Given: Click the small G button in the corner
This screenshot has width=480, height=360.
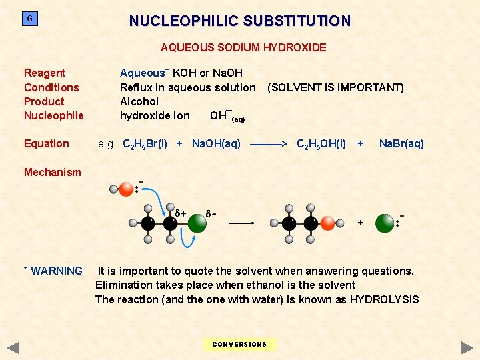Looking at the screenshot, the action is pyautogui.click(x=29, y=19).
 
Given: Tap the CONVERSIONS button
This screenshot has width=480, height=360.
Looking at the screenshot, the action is pyautogui.click(x=239, y=345).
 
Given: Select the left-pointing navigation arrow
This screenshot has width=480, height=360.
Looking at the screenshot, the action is pyautogui.click(x=13, y=347).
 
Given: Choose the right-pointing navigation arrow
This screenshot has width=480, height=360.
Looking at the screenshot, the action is pyautogui.click(x=467, y=347).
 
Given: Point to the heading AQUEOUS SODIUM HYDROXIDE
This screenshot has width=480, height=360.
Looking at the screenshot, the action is pyautogui.click(x=243, y=47).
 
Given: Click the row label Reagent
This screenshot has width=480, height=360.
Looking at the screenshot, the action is pyautogui.click(x=45, y=73).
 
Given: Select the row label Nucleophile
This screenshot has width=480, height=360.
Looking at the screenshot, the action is pyautogui.click(x=53, y=115).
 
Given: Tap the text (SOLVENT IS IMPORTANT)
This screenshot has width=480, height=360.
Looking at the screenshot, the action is pyautogui.click(x=335, y=87).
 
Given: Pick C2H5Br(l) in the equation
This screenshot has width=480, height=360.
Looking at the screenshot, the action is pyautogui.click(x=145, y=144).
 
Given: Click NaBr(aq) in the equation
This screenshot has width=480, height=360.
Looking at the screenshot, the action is pyautogui.click(x=401, y=143).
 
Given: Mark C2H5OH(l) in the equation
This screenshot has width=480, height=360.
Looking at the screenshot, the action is pyautogui.click(x=321, y=144).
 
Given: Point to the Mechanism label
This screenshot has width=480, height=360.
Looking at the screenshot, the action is pyautogui.click(x=52, y=172).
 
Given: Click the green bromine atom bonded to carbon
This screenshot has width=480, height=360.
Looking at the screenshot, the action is pyautogui.click(x=197, y=223).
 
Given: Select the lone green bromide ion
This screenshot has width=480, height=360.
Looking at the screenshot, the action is pyautogui.click(x=385, y=223).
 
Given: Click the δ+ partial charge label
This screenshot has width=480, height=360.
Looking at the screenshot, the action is pyautogui.click(x=181, y=214).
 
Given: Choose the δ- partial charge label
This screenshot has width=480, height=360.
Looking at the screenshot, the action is pyautogui.click(x=211, y=214).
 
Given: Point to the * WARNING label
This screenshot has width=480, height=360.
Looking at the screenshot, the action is pyautogui.click(x=53, y=271).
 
